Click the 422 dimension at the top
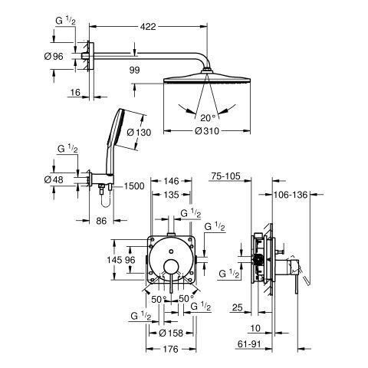(x=148, y=26)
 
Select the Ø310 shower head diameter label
(x=207, y=131)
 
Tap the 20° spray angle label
(x=208, y=118)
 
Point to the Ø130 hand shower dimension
(x=140, y=133)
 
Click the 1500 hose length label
(x=134, y=186)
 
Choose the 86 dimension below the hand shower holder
(x=101, y=221)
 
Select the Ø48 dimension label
(x=54, y=179)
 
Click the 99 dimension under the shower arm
(x=134, y=70)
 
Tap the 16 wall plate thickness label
(x=75, y=93)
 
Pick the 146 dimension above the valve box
(x=171, y=181)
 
